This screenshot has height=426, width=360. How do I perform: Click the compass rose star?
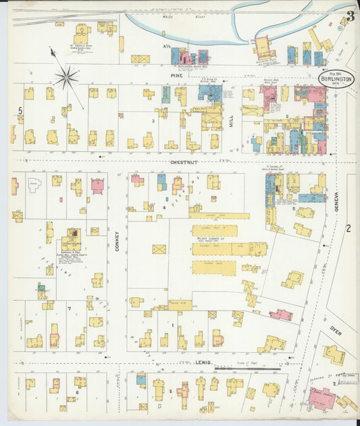click(66, 76)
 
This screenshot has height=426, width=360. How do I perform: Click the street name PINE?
click(177, 76)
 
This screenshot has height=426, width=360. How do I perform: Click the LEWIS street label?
click(205, 363)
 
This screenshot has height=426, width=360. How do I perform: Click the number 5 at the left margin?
click(20, 110)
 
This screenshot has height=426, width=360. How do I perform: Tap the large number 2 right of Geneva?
click(349, 228)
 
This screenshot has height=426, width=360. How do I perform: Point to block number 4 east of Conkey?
click(163, 207)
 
